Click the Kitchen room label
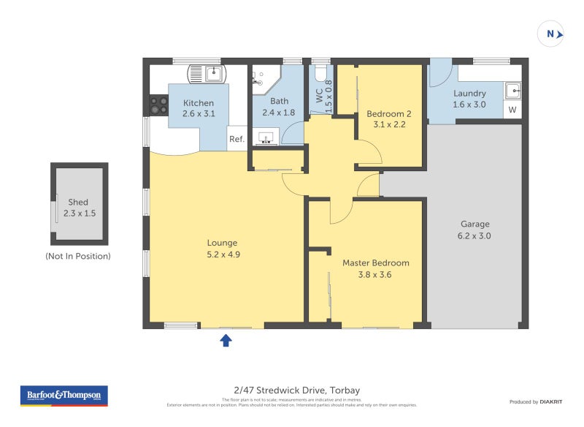click(x=199, y=103)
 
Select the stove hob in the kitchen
click(x=158, y=105)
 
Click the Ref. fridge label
click(x=237, y=140)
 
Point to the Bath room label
click(x=279, y=101)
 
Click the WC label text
click(x=319, y=95)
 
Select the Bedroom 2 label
click(x=389, y=113)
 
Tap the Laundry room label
click(x=469, y=94)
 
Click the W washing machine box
click(x=512, y=110)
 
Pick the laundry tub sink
click(x=513, y=91)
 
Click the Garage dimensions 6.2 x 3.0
click(x=474, y=236)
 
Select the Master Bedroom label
click(x=376, y=262)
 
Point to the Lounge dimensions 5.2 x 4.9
click(x=223, y=254)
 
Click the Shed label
click(x=78, y=203)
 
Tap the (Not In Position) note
click(x=78, y=256)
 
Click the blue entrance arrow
click(x=226, y=340)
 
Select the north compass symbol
click(x=552, y=34)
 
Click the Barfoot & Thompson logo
click(x=64, y=396)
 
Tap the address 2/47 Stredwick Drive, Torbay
click(x=292, y=390)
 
